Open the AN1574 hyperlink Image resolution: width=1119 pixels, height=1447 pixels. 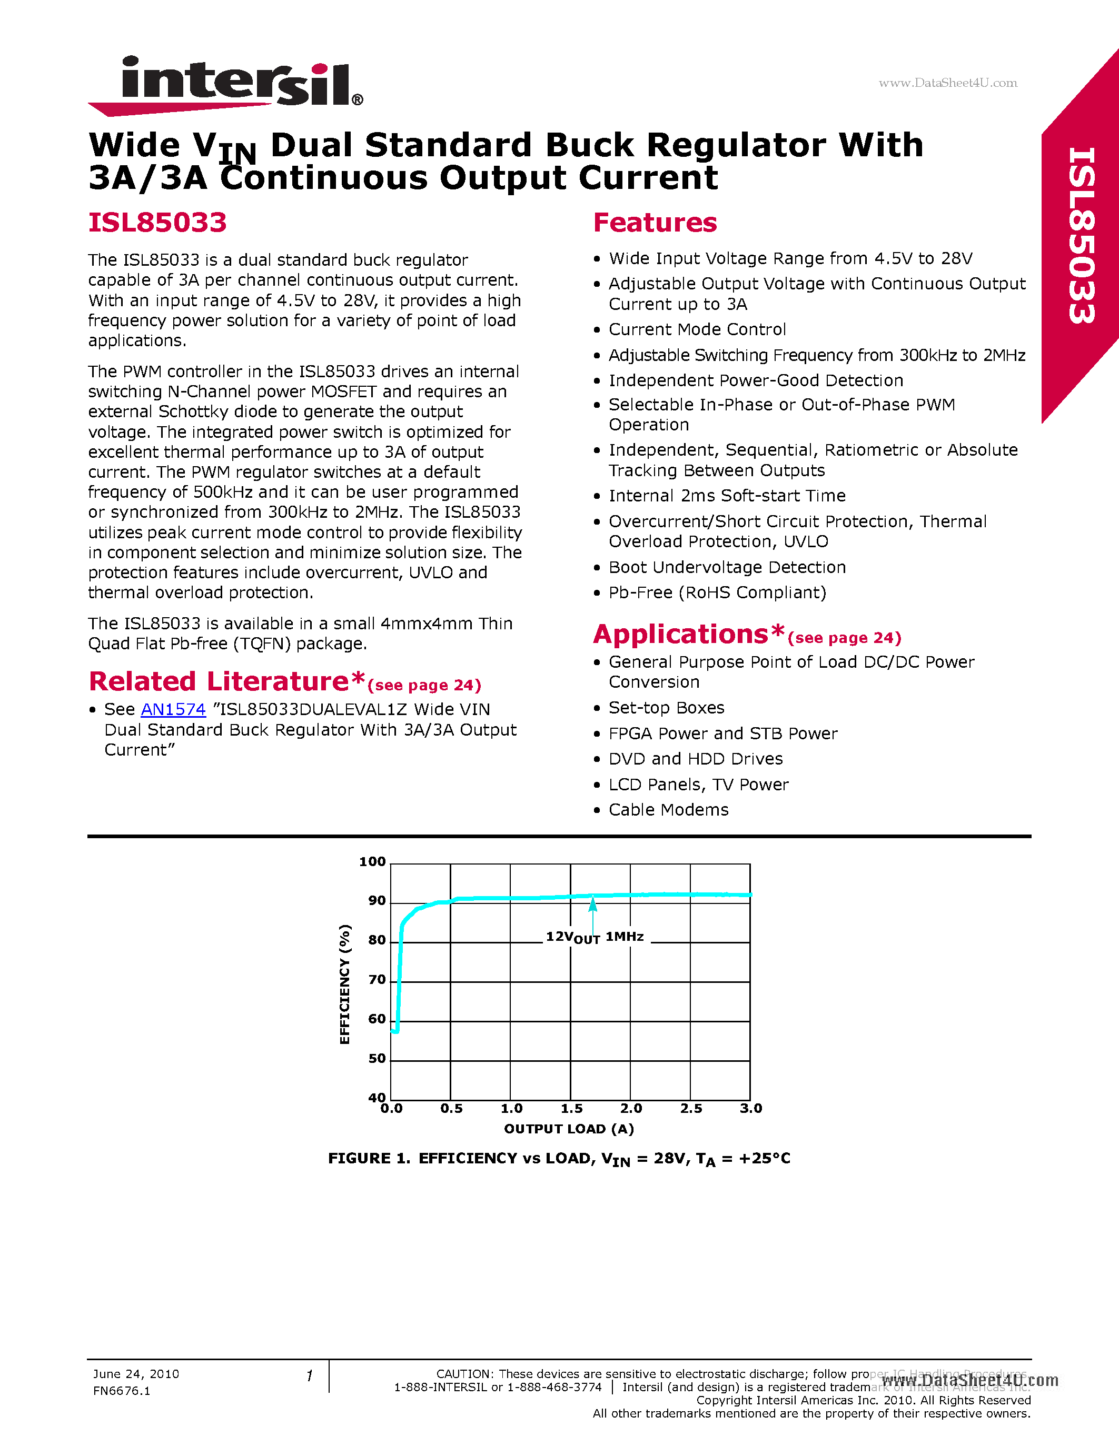click(173, 710)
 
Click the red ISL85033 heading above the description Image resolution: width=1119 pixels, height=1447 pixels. click(158, 223)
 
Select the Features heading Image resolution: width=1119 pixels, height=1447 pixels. click(655, 223)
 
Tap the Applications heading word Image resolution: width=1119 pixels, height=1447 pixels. click(681, 635)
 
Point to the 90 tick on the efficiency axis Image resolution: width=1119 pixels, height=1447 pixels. click(377, 901)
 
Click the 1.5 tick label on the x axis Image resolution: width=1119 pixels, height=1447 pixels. click(571, 1109)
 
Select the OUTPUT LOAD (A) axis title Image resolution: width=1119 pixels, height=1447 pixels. click(569, 1129)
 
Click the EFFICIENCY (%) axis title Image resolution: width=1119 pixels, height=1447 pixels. click(345, 984)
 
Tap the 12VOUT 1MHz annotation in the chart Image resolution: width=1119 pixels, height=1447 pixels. click(595, 937)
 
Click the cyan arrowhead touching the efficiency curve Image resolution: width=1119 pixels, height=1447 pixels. click(592, 902)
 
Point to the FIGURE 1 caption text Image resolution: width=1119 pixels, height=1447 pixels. click(559, 1159)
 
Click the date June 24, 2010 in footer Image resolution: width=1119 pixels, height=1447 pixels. click(136, 1374)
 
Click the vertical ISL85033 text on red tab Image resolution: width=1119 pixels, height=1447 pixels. click(1081, 235)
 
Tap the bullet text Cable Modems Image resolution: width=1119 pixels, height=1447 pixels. click(668, 810)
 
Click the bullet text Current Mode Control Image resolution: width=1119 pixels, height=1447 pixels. click(697, 330)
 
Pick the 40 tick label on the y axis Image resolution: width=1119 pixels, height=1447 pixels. click(377, 1098)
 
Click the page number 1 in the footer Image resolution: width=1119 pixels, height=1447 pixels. click(309, 1375)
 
